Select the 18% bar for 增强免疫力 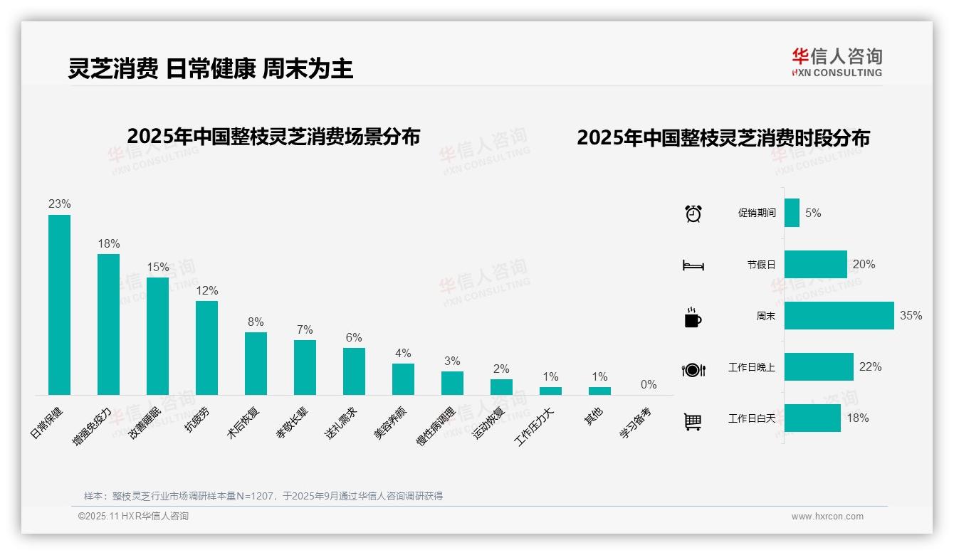108,324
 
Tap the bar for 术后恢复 256,363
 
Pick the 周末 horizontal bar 839,316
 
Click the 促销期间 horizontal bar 792,213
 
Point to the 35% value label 911,315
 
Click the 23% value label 59,204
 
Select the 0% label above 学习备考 648,385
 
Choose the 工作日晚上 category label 751,367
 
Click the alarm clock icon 693,213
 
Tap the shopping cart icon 693,421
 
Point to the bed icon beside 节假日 693,265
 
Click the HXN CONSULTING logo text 837,73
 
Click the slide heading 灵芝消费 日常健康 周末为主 211,69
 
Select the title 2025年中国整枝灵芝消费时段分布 723,138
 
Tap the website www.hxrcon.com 827,517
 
